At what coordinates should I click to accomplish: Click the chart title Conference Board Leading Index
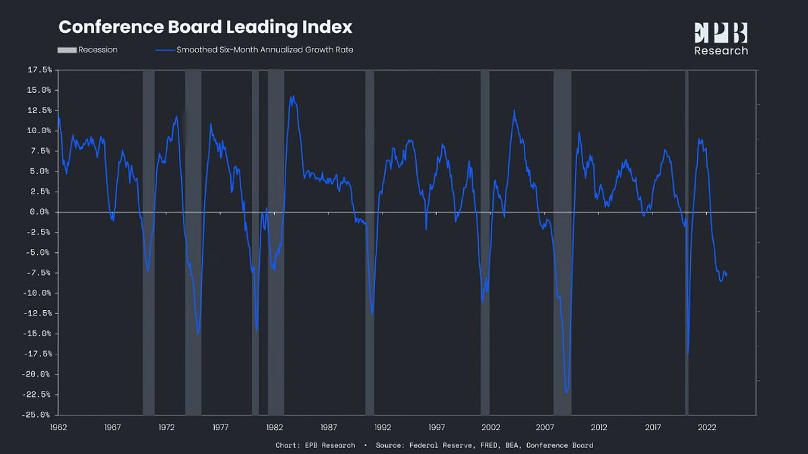click(205, 28)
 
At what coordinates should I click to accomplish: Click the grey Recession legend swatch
click(67, 50)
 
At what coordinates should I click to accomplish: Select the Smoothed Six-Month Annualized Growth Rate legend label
click(264, 50)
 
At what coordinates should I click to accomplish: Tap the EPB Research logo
click(720, 39)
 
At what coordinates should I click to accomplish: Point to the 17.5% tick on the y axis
click(38, 70)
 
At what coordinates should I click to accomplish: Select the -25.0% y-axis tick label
click(37, 415)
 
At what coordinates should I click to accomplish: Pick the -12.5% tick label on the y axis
click(37, 313)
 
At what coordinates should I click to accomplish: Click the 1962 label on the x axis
click(59, 427)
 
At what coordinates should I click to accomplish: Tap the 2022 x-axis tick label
click(707, 427)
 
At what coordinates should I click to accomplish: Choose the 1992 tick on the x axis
click(382, 427)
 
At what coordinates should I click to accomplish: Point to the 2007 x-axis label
click(545, 427)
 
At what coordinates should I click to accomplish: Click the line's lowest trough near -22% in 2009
click(567, 391)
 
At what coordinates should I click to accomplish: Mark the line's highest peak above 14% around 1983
click(292, 96)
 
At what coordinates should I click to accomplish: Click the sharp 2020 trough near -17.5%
click(687, 354)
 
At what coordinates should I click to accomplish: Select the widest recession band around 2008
click(562, 242)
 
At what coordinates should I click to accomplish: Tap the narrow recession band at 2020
click(686, 242)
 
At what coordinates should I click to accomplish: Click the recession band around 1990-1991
click(370, 242)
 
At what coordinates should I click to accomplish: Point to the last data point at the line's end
click(727, 273)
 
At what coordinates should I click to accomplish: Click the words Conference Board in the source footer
click(560, 445)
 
